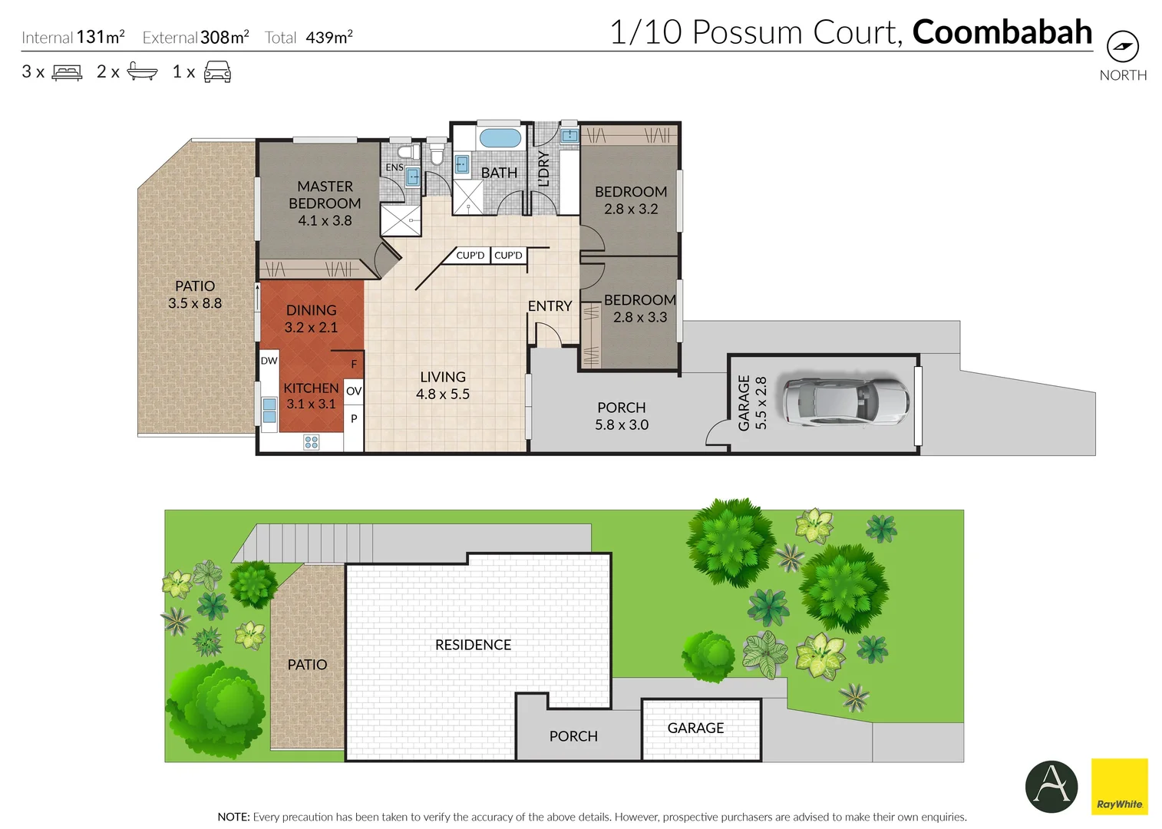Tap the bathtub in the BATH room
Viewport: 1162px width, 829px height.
(x=500, y=139)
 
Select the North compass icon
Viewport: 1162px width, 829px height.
(x=1122, y=47)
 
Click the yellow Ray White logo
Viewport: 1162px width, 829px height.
(x=1119, y=786)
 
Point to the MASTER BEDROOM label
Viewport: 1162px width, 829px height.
(x=325, y=195)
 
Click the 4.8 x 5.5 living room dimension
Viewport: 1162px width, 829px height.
(x=443, y=395)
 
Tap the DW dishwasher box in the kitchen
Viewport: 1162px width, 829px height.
(x=269, y=361)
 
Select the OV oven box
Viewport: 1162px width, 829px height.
(x=353, y=391)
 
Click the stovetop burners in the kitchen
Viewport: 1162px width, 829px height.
(x=311, y=442)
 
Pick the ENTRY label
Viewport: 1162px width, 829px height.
(x=550, y=306)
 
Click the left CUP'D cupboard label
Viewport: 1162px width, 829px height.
(x=470, y=256)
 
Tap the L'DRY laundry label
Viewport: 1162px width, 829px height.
(x=543, y=169)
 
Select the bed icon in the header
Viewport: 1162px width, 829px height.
(x=67, y=72)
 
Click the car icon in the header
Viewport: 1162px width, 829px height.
(x=217, y=72)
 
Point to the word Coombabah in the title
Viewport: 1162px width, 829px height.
(x=1002, y=32)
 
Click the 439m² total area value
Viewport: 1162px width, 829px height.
(x=328, y=37)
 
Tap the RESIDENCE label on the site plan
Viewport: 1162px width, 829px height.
(x=473, y=646)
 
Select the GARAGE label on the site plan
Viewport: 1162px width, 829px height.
(x=695, y=728)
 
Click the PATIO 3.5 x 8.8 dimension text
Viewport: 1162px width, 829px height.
(x=195, y=303)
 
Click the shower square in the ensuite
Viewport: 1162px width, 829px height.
(x=401, y=220)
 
